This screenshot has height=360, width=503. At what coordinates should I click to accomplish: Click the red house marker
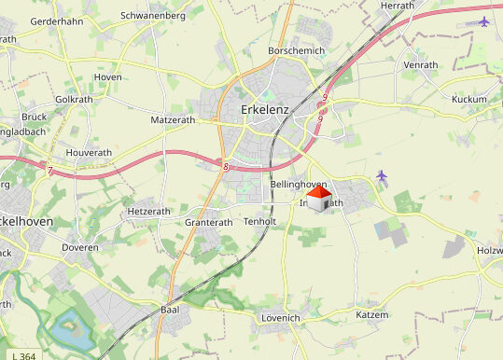coord(318,199)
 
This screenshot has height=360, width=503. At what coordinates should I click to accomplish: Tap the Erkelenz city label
coord(265,109)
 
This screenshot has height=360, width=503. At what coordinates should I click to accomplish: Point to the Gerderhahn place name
coord(58,21)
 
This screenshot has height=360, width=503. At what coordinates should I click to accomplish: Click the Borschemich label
coord(296,49)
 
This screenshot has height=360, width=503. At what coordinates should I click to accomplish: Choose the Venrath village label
coord(420,65)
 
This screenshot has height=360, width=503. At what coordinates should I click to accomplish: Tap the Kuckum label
coord(468,99)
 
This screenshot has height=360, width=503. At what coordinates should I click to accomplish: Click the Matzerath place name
coord(174,120)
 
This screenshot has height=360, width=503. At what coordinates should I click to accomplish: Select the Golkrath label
coord(75,99)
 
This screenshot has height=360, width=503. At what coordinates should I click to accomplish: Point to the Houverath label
coord(89,152)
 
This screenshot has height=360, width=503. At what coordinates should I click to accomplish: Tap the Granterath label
coord(208,223)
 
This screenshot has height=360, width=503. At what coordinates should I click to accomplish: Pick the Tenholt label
coord(259,221)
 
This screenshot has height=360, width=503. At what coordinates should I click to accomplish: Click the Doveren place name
coord(80,247)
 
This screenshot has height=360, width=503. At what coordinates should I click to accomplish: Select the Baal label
coord(169,309)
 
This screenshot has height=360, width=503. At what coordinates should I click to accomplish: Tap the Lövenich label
coord(279,318)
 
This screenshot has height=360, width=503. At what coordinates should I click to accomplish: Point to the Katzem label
coord(371,315)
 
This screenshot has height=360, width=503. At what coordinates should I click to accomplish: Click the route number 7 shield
coord(48,169)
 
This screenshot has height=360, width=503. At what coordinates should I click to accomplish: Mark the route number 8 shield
coord(226,167)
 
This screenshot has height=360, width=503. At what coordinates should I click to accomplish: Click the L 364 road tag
coord(25,355)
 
